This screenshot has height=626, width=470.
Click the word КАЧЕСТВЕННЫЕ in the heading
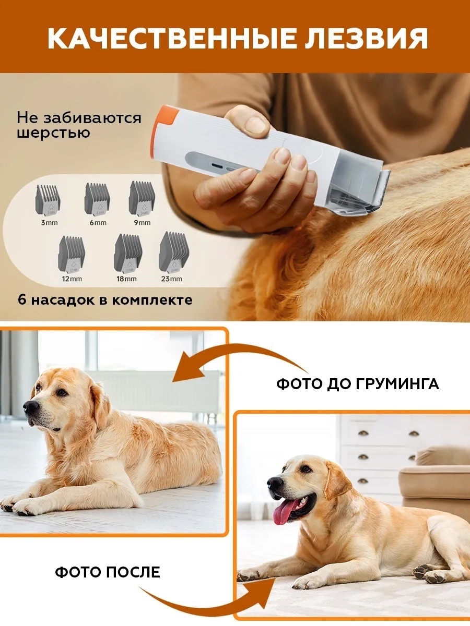169,39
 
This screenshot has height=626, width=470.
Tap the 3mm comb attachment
48,200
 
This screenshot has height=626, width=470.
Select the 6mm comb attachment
97,199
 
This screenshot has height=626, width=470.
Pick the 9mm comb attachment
142,198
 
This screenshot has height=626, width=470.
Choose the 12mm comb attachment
72,254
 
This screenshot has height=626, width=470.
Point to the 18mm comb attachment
128,253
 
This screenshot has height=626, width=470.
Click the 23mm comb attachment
174,252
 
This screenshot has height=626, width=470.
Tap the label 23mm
171,279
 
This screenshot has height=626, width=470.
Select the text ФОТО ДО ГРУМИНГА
358,384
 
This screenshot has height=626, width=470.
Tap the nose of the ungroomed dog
31,406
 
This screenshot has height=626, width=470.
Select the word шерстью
53,133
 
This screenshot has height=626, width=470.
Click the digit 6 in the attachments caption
22,300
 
